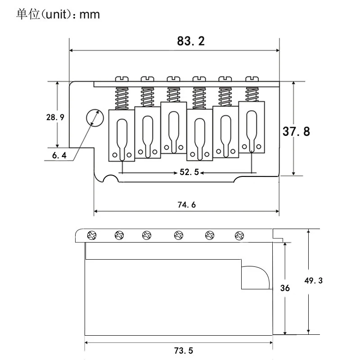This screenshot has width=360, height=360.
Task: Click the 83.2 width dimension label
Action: click(x=190, y=41)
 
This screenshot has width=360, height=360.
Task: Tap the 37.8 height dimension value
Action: click(x=296, y=131)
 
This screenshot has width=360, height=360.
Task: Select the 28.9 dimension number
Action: click(x=55, y=117)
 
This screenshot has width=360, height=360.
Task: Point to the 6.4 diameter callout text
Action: click(x=59, y=155)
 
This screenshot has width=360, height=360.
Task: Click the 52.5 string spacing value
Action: click(x=189, y=172)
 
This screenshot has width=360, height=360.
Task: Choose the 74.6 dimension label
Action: click(x=187, y=205)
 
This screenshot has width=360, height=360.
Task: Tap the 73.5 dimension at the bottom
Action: click(x=184, y=351)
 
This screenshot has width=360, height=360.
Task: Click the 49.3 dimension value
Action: click(x=313, y=280)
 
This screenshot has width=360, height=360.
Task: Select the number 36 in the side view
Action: click(x=285, y=288)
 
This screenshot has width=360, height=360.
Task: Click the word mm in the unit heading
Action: click(x=90, y=15)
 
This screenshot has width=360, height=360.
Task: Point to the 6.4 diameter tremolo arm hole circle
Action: click(x=95, y=118)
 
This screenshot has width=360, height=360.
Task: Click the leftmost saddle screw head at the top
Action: click(x=121, y=79)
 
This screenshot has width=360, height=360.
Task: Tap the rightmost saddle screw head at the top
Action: click(x=252, y=79)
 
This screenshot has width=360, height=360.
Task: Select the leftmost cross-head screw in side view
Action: click(x=92, y=235)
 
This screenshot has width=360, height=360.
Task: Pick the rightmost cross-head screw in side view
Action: click(x=239, y=235)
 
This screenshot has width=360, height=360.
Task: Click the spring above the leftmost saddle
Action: click(x=121, y=99)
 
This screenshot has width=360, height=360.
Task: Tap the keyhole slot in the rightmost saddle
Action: click(x=252, y=131)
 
